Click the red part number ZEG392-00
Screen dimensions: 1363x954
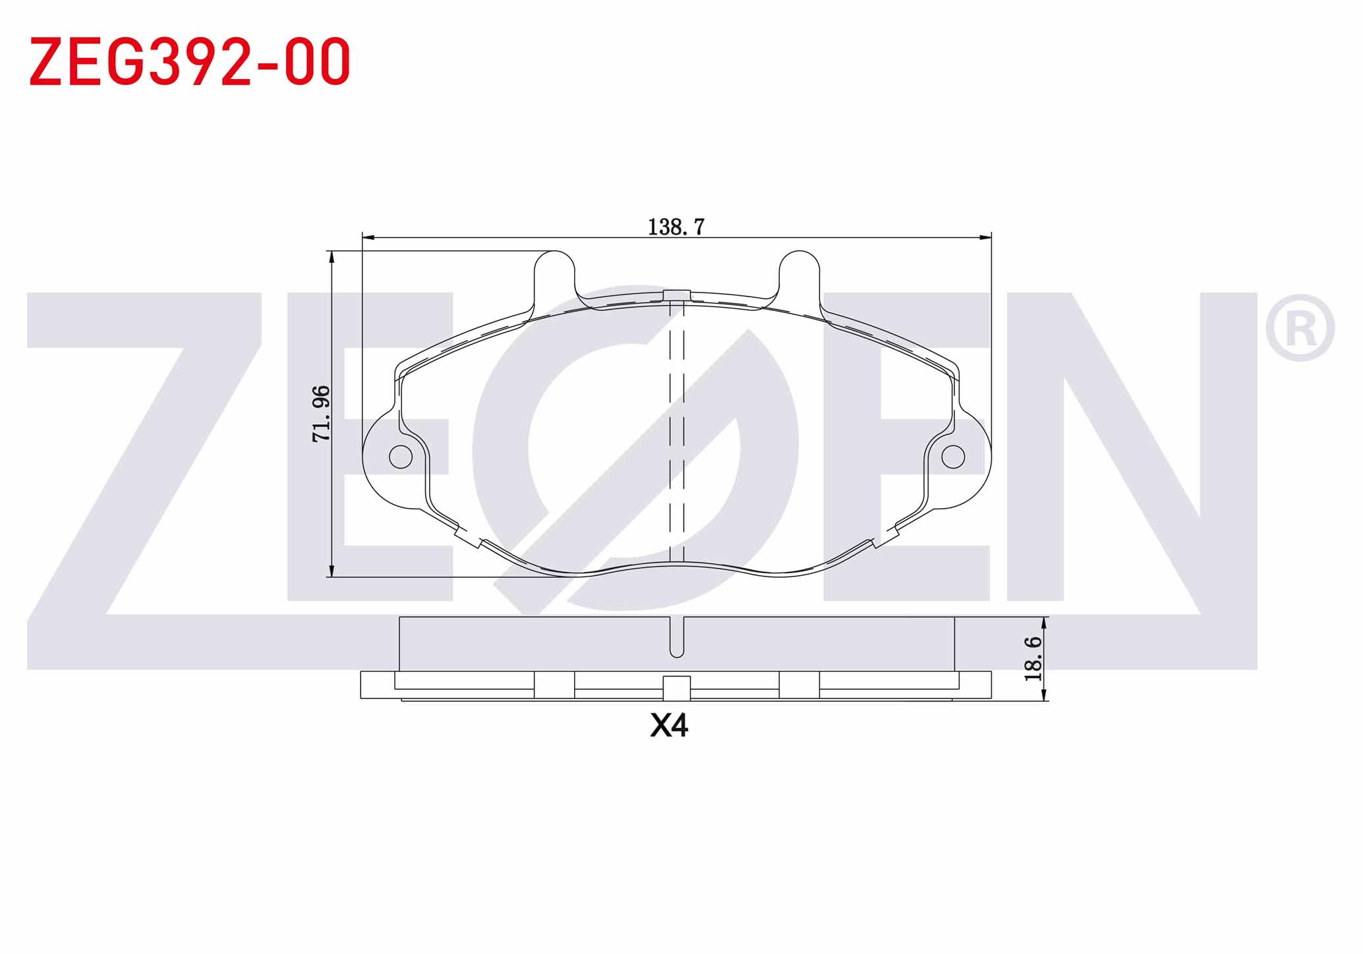(190, 61)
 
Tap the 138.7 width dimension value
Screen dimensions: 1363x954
(676, 227)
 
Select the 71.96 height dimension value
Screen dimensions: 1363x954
(321, 413)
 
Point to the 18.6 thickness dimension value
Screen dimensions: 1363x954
(1033, 658)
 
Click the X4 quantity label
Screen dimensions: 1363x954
(669, 725)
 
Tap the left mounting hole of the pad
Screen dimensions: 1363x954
(401, 457)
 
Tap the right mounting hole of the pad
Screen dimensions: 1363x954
(953, 457)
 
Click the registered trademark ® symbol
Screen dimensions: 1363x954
(1300, 328)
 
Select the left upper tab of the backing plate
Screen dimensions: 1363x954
(554, 279)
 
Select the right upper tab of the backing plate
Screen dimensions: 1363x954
(799, 279)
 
